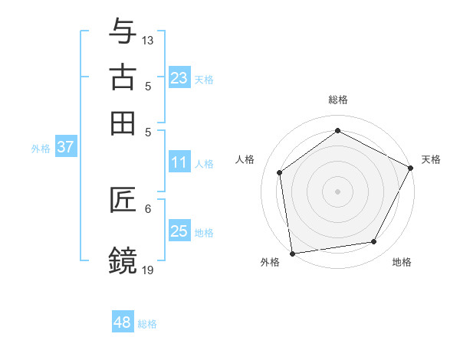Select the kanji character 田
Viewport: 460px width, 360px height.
tap(123, 123)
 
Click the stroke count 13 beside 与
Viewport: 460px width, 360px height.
tap(148, 40)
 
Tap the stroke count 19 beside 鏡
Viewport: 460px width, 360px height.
tap(148, 269)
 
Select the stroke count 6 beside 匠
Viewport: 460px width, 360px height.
tap(148, 208)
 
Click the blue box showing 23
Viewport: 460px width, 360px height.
tap(179, 77)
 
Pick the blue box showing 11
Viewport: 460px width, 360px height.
tap(179, 162)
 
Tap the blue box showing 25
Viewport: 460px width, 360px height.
tap(179, 231)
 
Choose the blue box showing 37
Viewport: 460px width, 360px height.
tap(65, 147)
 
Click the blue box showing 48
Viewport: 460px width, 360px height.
tap(122, 322)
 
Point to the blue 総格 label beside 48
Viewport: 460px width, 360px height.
tap(147, 324)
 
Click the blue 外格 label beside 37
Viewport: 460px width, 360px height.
tap(41, 149)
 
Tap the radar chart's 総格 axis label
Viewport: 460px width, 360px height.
tap(338, 100)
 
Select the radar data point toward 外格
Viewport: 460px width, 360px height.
tap(292, 253)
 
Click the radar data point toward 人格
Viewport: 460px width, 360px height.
tap(280, 172)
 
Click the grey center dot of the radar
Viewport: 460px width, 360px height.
tap(338, 191)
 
